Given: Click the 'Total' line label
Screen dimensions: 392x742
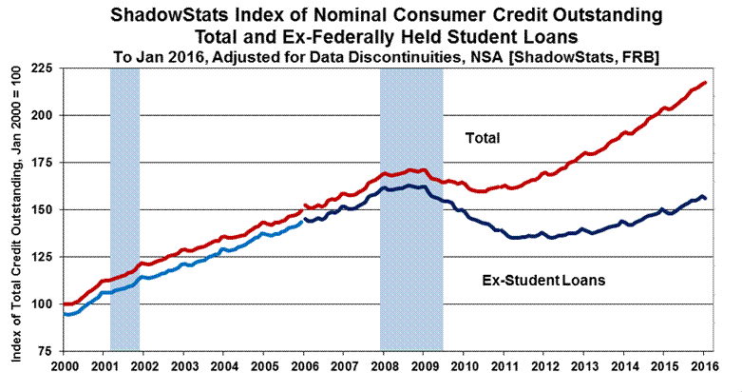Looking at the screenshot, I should click(x=482, y=139).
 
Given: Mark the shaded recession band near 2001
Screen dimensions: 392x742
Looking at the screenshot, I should click(x=124, y=209).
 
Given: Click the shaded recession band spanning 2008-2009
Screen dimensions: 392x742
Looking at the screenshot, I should click(x=411, y=209).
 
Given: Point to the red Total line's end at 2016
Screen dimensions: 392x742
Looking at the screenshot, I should click(x=704, y=83).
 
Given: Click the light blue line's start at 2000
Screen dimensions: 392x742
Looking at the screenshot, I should click(x=65, y=313).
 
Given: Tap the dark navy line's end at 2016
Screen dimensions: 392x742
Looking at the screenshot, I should click(x=704, y=197).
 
